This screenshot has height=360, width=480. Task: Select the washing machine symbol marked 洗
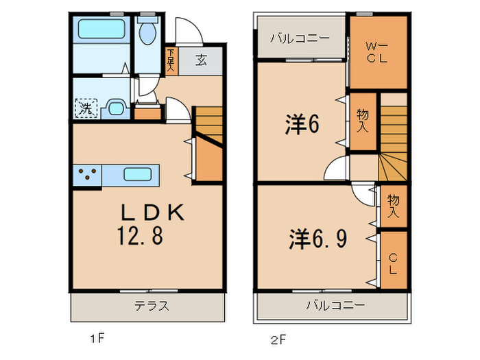[x=86, y=108]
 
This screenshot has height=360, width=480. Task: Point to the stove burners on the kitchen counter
[x=87, y=174]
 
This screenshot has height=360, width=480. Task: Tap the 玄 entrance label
[x=202, y=60]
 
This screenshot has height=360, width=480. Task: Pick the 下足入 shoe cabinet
[x=170, y=60]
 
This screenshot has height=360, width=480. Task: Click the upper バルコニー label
[x=300, y=38]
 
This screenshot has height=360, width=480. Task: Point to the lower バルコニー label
[x=336, y=305]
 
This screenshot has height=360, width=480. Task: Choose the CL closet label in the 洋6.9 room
[x=393, y=264]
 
